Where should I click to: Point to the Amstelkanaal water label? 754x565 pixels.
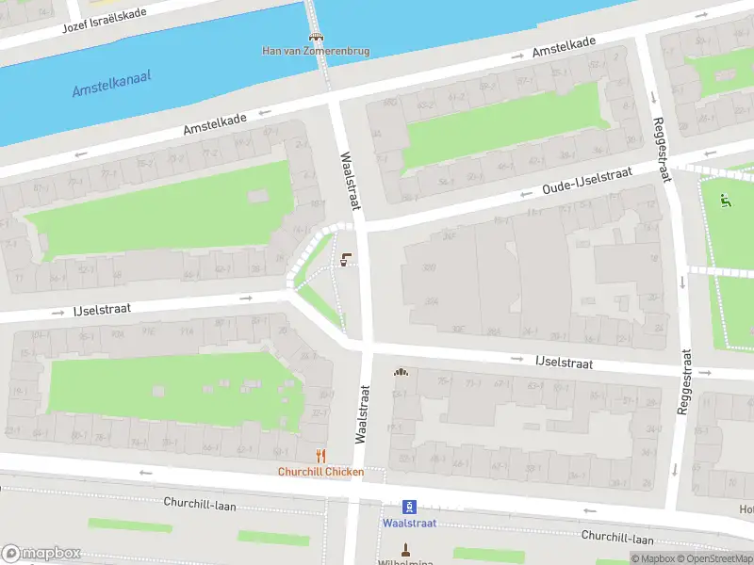click(112, 85)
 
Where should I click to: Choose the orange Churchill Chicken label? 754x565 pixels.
click(320, 472)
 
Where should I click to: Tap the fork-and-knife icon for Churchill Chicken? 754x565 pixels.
click(320, 457)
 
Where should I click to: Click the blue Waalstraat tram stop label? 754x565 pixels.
click(409, 523)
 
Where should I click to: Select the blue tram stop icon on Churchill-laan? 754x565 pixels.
click(409, 507)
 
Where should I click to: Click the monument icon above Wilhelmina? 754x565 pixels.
click(406, 549)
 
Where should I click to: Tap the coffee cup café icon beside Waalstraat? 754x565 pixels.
click(346, 260)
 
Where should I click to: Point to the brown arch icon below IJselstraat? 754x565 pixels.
click(402, 371)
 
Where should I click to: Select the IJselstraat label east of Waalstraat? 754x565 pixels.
click(564, 361)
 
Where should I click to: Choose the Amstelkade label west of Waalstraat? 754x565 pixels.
click(215, 119)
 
